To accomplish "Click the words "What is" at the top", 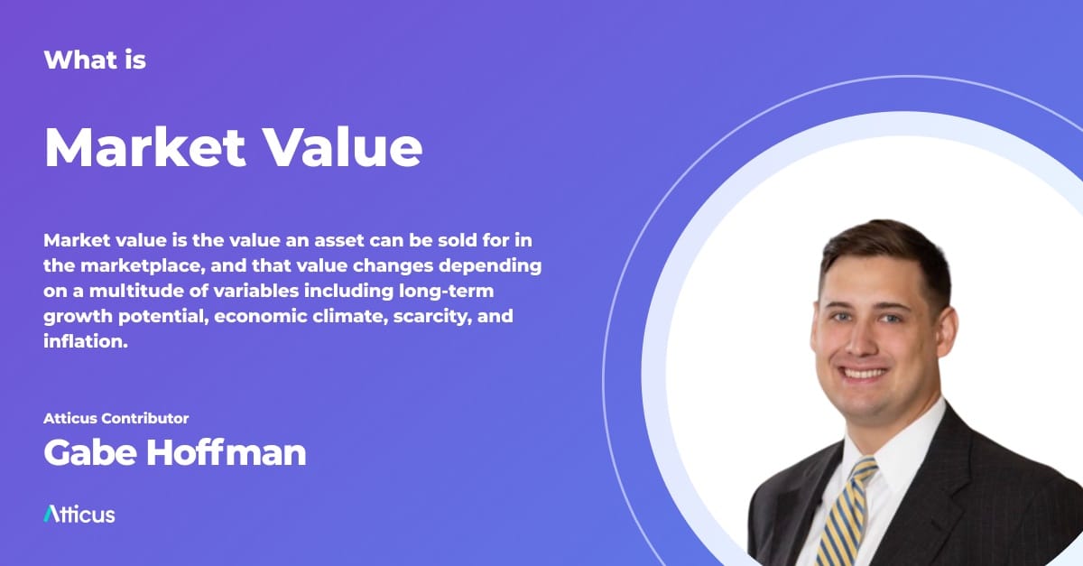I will [x=95, y=60].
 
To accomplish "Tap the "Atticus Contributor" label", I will [x=116, y=418].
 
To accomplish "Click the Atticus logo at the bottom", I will [x=79, y=515].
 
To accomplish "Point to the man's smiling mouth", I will [x=864, y=372].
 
